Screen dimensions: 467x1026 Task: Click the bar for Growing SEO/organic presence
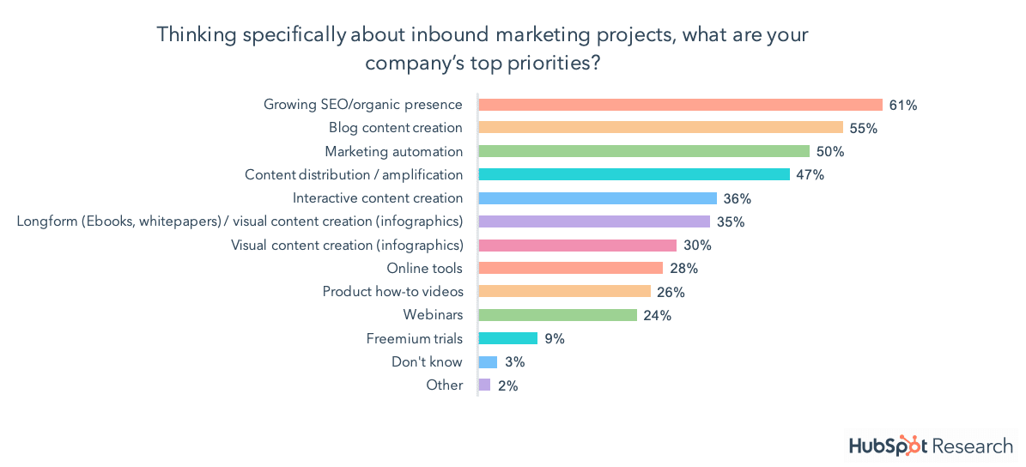(680, 105)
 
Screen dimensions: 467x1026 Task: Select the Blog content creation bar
(660, 128)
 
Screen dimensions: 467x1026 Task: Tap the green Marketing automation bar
(643, 151)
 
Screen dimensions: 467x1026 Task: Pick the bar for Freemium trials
(507, 338)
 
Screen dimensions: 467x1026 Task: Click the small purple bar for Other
(484, 385)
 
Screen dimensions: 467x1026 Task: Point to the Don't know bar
(488, 362)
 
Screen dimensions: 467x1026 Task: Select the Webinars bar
(557, 315)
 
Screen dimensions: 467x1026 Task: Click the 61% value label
(904, 105)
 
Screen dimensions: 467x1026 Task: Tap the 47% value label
(810, 175)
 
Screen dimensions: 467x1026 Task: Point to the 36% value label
(738, 198)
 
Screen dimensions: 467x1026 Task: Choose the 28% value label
(683, 269)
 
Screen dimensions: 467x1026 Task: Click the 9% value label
(555, 338)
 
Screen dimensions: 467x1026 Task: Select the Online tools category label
(424, 269)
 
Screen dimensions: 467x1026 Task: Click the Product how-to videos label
(392, 292)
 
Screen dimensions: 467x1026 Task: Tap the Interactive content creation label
(378, 198)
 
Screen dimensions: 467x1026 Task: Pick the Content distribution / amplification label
(354, 175)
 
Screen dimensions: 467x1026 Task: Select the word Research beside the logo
(973, 446)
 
